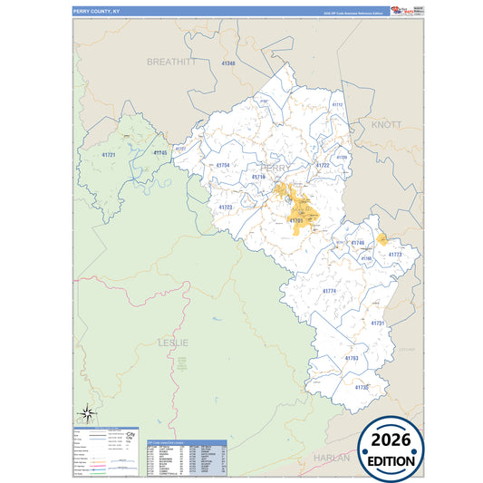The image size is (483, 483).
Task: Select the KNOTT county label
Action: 385,124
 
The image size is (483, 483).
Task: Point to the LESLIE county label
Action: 173,343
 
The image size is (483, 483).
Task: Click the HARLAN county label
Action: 331,459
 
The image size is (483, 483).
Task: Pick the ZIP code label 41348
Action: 227,63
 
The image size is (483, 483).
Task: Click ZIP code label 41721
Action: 109,156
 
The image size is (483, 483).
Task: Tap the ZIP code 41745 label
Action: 159,153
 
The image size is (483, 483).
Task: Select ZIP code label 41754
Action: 223,165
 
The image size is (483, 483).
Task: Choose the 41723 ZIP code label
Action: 226,208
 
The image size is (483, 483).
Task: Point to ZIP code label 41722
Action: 323,166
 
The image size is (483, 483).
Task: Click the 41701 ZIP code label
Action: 295,220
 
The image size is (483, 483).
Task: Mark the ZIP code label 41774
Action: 329,291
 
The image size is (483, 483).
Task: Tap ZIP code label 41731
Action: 378,323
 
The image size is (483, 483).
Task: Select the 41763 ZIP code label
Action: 352,358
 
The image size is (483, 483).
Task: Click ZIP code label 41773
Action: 394,256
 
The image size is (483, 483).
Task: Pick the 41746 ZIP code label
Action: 357,243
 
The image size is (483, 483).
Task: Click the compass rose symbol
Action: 86,411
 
